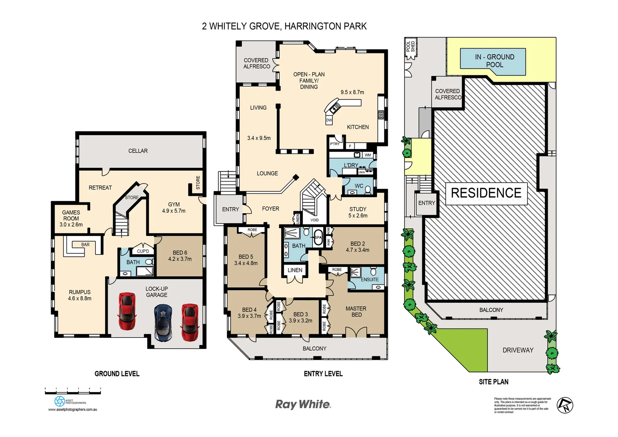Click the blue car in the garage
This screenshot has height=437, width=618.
click(163, 322)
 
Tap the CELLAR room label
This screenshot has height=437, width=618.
click(138, 151)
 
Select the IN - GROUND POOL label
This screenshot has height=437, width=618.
click(494, 61)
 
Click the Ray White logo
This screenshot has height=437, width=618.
click(303, 404)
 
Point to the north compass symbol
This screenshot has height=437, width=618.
click(565, 405)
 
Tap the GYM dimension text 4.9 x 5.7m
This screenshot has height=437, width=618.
click(174, 211)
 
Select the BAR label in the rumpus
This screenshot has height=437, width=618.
click(85, 245)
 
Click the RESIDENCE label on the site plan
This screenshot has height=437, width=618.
click(486, 193)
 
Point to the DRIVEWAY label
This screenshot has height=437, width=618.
click(518, 350)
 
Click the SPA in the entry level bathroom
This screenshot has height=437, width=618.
click(318, 238)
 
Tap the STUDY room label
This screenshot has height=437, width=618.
click(358, 209)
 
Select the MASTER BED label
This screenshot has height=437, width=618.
click(356, 312)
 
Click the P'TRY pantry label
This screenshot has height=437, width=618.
click(334, 144)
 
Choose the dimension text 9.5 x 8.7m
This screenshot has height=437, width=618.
click(352, 92)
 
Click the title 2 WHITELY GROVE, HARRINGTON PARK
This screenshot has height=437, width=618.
click(284, 26)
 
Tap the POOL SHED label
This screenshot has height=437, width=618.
click(411, 47)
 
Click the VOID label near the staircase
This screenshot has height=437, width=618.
click(314, 220)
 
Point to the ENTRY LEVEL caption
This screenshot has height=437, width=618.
click(323, 374)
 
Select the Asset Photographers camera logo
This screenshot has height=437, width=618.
click(59, 401)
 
